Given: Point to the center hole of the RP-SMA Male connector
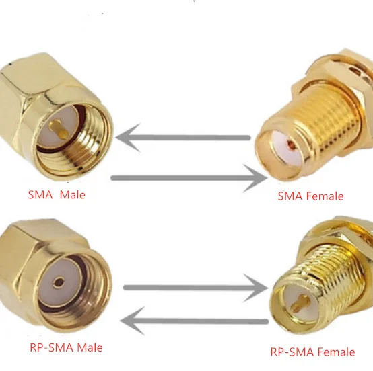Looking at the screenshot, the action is pos(59,282).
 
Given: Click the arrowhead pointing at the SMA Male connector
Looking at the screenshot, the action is pos(128,138).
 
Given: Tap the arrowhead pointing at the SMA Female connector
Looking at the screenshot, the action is pos(255,178).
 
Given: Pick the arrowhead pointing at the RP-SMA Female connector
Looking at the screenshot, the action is pos(255,288).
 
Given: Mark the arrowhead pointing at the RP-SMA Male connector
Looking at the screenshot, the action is pos(133,321).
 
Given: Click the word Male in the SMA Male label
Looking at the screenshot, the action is pos(72,195).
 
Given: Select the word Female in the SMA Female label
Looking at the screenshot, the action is pos(325,196).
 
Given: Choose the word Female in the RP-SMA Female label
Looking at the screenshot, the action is pos(336,352).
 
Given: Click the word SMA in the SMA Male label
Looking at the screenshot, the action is pos(40,195).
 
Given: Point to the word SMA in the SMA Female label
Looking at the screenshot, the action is pos(290,196).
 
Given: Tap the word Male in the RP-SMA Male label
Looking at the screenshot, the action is pos(90,347).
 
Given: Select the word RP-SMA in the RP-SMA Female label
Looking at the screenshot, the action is pos(292,352).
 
